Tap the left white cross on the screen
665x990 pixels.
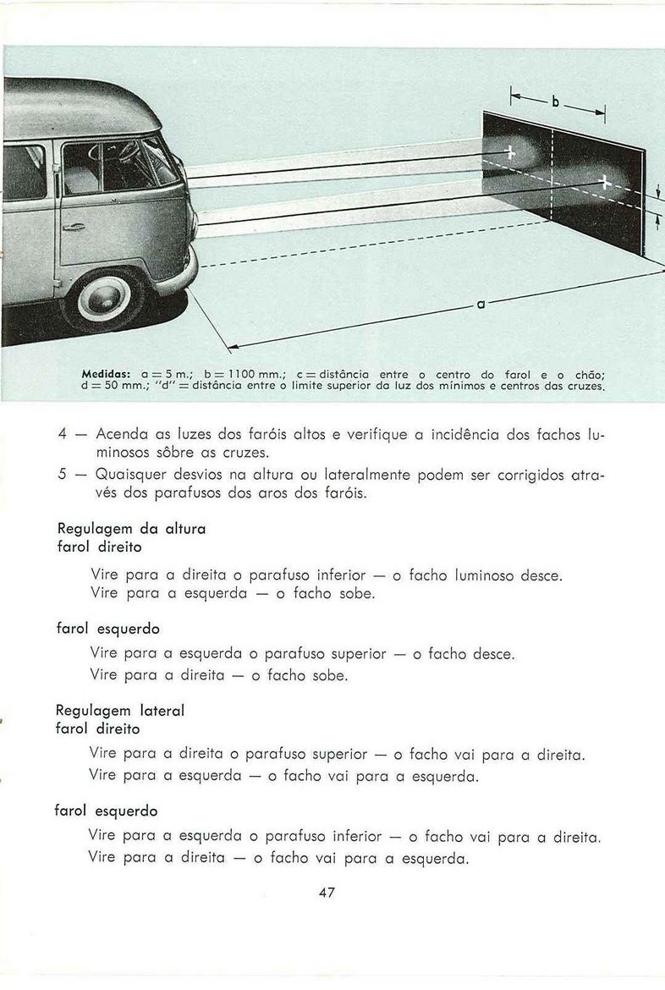(x=510, y=152)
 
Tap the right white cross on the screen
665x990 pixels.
(x=604, y=179)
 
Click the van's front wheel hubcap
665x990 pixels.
(x=105, y=299)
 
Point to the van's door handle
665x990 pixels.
(x=74, y=227)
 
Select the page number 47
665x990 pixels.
(x=328, y=892)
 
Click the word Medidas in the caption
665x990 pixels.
(x=106, y=374)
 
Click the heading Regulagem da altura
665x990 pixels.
(x=130, y=528)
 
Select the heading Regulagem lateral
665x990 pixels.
(x=119, y=711)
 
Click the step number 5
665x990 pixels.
(x=63, y=476)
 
